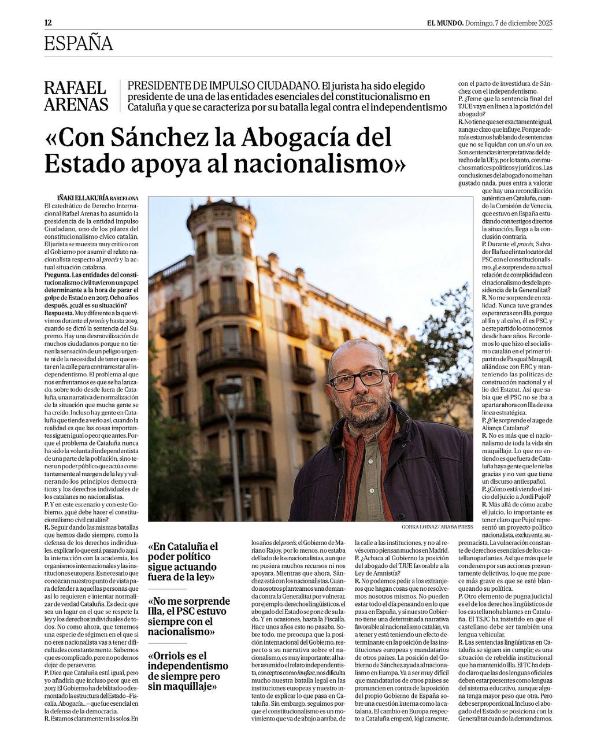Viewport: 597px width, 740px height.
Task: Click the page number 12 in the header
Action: [48, 23]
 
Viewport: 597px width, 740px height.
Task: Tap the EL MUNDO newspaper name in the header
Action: [444, 23]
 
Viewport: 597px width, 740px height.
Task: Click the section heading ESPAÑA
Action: [78, 44]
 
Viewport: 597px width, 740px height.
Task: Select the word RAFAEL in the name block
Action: [75, 88]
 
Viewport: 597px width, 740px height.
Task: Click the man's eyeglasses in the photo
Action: [358, 379]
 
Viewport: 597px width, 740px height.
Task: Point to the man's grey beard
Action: [364, 413]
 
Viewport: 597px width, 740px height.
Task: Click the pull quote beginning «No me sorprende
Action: [189, 616]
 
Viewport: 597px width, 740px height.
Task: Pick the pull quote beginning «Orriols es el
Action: [188, 671]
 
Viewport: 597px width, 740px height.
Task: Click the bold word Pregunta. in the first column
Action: [58, 274]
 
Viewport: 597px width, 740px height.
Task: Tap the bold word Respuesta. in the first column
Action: [60, 312]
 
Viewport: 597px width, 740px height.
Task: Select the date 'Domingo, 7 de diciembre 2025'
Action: [509, 23]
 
